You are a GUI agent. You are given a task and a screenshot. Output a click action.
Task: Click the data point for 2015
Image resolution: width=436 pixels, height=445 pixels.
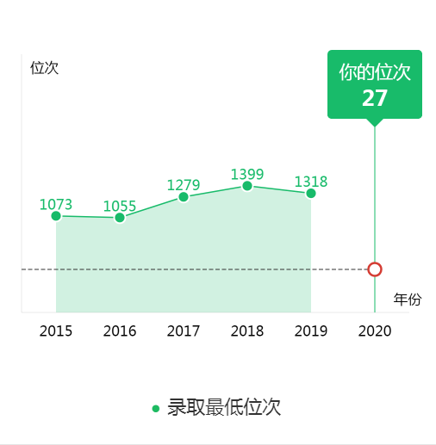pos(56,216)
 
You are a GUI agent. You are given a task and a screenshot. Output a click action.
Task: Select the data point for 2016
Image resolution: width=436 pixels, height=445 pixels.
pos(120,218)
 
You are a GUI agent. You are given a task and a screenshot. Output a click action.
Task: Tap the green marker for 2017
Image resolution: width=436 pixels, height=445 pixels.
pos(184,197)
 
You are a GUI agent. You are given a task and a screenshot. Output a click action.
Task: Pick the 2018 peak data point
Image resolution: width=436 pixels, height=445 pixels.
pos(247,186)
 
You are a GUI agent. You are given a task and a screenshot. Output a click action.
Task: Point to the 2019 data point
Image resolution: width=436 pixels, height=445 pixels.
pos(311,194)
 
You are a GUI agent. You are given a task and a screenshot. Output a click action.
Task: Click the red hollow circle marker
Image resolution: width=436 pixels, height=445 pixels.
pos(375,269)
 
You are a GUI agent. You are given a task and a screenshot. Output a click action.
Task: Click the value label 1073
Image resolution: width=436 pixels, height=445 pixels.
pos(56,204)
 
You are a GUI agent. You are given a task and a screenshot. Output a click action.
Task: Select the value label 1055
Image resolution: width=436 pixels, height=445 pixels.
pos(120,206)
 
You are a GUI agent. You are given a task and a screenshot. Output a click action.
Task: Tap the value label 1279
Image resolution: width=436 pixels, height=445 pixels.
pos(184,185)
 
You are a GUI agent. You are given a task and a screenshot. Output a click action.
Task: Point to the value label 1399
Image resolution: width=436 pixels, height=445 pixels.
pos(247,174)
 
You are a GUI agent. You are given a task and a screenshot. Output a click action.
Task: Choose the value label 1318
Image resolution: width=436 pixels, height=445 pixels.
pos(311,182)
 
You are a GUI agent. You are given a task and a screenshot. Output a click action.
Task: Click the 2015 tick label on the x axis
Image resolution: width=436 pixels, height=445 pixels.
pos(56,331)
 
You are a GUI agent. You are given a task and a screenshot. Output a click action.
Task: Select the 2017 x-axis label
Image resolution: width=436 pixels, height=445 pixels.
pos(184,331)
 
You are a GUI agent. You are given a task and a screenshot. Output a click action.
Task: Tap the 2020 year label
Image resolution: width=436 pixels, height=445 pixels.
pos(375,331)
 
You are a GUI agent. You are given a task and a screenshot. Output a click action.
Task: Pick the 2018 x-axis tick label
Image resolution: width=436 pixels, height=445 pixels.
pos(247,331)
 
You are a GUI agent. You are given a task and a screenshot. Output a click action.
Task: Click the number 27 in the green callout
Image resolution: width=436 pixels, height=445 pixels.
pos(375,98)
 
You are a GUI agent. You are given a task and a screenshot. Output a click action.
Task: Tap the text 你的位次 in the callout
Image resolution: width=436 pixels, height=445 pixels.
pos(375,72)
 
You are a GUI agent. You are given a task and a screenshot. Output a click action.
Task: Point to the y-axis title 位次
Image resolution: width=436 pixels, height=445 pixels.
pos(45,68)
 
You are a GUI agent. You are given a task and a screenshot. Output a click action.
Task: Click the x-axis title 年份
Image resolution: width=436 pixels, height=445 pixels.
pos(408,300)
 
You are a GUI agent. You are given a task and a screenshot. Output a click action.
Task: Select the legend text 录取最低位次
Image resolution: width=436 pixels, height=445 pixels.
pos(224,407)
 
